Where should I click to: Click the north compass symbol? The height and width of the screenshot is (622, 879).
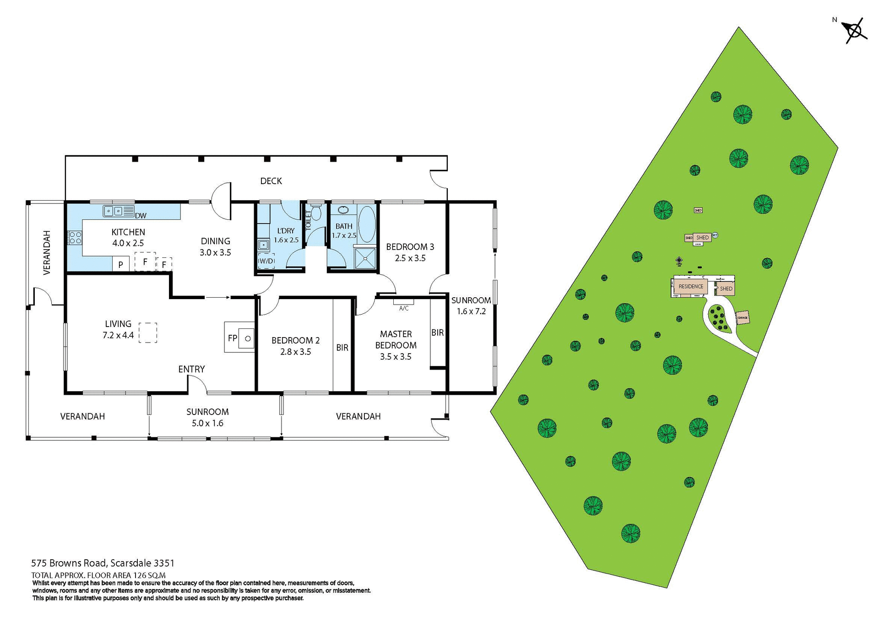854,31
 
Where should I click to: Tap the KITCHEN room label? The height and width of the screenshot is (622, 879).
128,232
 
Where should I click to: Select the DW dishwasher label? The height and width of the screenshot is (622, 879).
141,216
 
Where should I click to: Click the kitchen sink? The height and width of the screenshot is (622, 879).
114,211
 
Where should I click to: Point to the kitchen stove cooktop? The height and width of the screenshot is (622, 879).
75,238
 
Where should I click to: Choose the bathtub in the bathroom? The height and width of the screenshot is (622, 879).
367,224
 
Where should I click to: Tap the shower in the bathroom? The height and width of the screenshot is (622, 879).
365,259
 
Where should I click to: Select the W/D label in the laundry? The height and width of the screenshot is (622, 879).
266,261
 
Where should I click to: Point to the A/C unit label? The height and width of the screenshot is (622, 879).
404,308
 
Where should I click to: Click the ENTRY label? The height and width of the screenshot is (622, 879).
191,369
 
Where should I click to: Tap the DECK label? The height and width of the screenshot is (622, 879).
271,181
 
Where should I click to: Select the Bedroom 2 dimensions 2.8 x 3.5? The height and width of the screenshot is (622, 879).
295,352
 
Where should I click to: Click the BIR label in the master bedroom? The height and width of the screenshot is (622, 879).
437,333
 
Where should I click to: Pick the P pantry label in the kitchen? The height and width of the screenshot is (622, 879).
120,264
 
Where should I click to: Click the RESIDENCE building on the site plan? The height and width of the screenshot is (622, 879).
690,287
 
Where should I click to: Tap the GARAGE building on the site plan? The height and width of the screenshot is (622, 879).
742,317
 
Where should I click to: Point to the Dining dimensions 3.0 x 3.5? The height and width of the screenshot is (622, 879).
215,252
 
